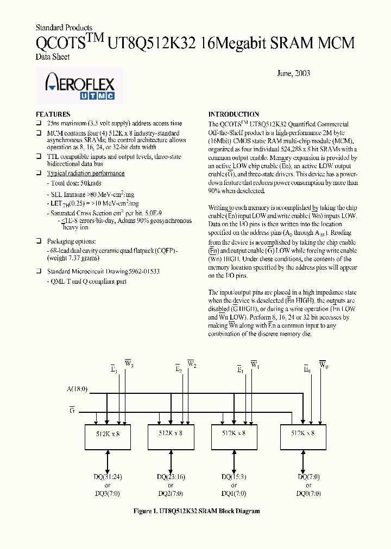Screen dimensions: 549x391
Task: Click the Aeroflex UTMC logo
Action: pyautogui.click(x=79, y=86)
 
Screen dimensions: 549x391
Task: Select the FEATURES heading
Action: pyautogui.click(x=53, y=114)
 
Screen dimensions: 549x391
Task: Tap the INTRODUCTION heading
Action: pyautogui.click(x=234, y=114)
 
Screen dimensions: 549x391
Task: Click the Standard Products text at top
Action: pyautogui.click(x=64, y=28)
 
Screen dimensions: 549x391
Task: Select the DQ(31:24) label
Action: pyautogui.click(x=108, y=477)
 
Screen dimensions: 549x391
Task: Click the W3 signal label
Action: pyautogui.click(x=128, y=364)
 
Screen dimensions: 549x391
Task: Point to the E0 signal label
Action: pyautogui.click(x=307, y=369)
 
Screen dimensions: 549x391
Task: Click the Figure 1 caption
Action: pyautogui.click(x=197, y=511)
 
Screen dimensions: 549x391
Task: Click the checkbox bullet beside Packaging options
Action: pyautogui.click(x=39, y=241)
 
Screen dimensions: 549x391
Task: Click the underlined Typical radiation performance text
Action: pyautogui.click(x=85, y=174)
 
